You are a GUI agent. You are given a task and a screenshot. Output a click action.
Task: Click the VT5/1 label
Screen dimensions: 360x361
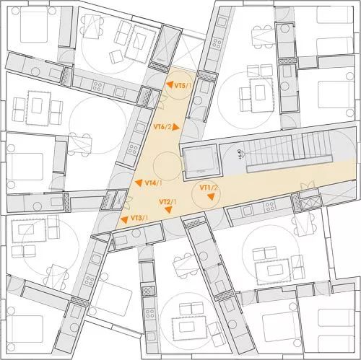[183, 86]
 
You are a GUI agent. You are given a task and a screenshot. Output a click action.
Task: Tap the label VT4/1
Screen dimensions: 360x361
[152, 183]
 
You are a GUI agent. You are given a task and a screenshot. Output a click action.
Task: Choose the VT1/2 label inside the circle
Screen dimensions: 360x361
[209, 188]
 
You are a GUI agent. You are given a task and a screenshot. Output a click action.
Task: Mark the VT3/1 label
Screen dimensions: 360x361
[140, 218]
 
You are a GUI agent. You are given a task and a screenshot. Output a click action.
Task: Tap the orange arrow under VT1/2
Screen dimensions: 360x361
[203, 196]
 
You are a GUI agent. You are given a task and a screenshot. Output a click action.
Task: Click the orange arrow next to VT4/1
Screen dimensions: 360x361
[138, 183]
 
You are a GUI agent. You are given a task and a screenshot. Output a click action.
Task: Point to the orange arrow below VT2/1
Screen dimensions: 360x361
[168, 210]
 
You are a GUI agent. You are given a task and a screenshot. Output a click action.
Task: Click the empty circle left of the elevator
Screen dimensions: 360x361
[165, 163]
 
